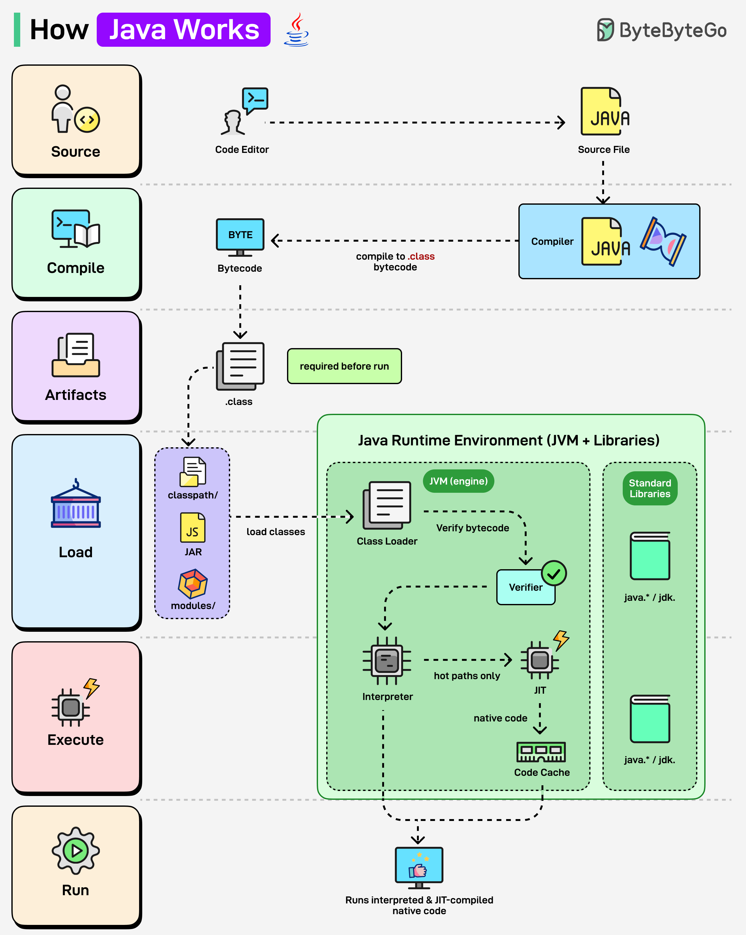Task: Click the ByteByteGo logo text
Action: click(x=673, y=30)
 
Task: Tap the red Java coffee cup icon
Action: click(x=297, y=29)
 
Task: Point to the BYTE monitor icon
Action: click(x=240, y=236)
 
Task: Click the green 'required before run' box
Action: click(x=344, y=366)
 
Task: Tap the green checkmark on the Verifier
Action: click(x=554, y=573)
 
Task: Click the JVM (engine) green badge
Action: click(x=458, y=481)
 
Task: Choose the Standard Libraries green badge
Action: click(x=650, y=488)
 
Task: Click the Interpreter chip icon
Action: click(x=387, y=661)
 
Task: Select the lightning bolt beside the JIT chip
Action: click(x=561, y=640)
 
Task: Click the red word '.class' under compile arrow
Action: click(x=421, y=256)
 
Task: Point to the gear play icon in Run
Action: click(x=76, y=850)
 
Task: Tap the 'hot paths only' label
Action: click(x=467, y=676)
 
